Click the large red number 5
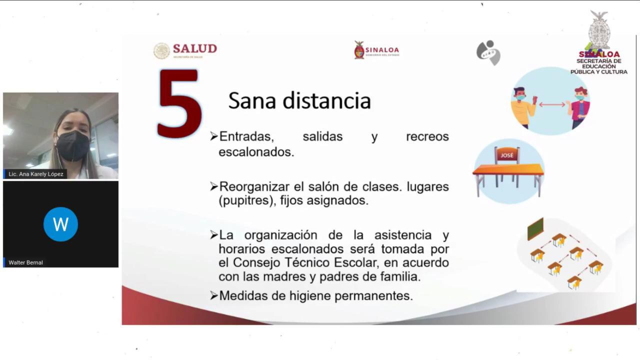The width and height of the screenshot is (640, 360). pyautogui.click(x=179, y=103)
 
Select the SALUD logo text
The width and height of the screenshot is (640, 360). pyautogui.click(x=194, y=49)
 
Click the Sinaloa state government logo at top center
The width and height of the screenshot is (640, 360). pyautogui.click(x=376, y=50)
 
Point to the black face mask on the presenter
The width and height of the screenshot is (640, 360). pyautogui.click(x=72, y=145)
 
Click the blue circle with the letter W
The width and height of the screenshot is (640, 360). pyautogui.click(x=60, y=224)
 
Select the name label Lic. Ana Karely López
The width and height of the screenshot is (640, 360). pyautogui.click(x=36, y=174)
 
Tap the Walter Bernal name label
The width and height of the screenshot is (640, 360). pyautogui.click(x=25, y=262)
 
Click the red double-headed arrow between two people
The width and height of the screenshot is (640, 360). pyautogui.click(x=552, y=105)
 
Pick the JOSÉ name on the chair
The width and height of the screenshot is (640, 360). pyautogui.click(x=507, y=155)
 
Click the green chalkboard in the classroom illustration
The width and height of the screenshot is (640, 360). pyautogui.click(x=535, y=229)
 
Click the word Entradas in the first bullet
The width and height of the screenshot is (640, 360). pyautogui.click(x=244, y=136)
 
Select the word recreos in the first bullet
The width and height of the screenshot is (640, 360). pyautogui.click(x=427, y=136)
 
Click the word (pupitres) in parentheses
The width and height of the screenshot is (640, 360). pyautogui.click(x=244, y=201)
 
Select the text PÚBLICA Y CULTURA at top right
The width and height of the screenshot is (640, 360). pyautogui.click(x=598, y=72)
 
